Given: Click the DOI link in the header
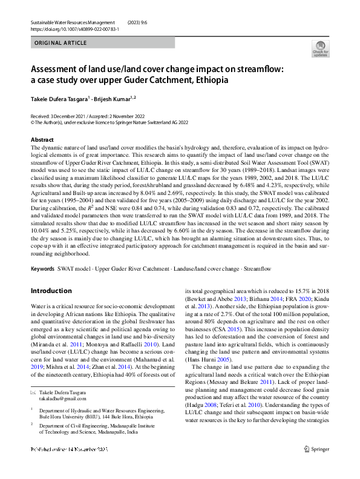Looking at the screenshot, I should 74,28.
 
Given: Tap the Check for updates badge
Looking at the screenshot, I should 320,48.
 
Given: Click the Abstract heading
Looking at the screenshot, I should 42,140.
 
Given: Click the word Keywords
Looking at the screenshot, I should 42,268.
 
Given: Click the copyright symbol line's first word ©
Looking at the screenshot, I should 33,122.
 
